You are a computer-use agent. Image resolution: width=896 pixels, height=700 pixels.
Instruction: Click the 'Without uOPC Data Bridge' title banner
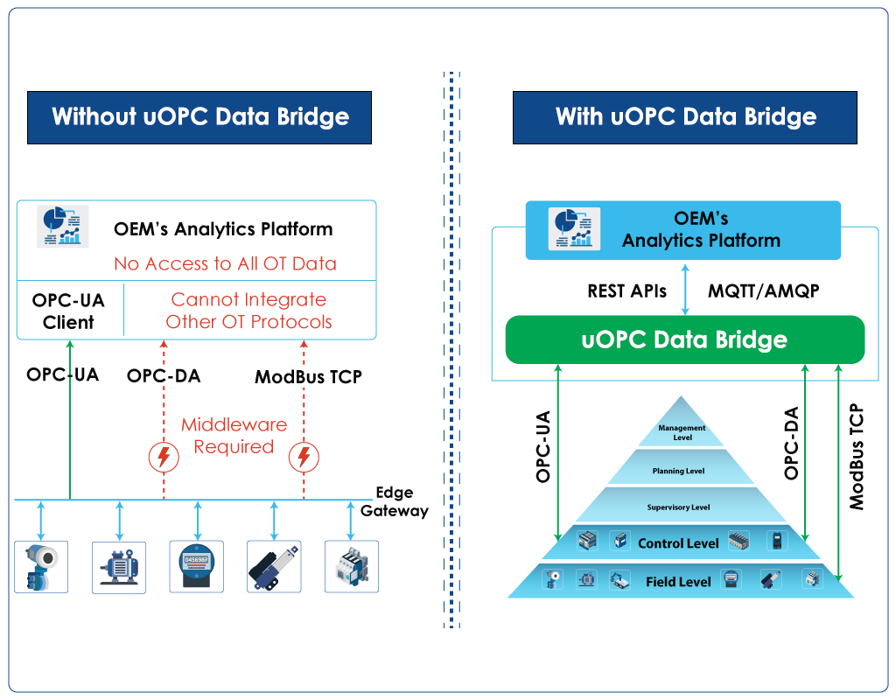click(199, 117)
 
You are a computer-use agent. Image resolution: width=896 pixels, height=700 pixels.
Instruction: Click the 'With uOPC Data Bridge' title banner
click(685, 117)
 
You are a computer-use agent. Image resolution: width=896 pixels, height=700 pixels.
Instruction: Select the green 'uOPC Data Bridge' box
click(684, 339)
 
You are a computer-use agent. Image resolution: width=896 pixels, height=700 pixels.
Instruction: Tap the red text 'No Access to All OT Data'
click(225, 263)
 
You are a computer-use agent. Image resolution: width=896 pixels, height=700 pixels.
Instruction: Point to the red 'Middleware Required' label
click(234, 436)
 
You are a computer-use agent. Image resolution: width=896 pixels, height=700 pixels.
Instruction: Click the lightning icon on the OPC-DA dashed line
click(163, 457)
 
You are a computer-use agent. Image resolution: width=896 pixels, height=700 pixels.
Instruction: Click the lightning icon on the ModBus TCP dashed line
click(304, 457)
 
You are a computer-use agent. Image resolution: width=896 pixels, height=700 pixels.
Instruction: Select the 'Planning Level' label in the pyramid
click(678, 471)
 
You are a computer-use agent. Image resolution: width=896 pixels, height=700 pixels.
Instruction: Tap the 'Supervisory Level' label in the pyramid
click(678, 507)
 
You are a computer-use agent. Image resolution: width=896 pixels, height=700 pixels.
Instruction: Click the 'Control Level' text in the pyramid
click(678, 543)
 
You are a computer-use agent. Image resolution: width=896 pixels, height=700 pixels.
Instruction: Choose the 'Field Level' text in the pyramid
click(678, 581)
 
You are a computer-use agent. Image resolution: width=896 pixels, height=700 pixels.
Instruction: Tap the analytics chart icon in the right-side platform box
click(573, 229)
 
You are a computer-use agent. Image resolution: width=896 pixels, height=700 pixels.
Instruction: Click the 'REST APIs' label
click(627, 291)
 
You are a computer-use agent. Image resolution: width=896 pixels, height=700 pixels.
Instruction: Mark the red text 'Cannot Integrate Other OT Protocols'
click(248, 311)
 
